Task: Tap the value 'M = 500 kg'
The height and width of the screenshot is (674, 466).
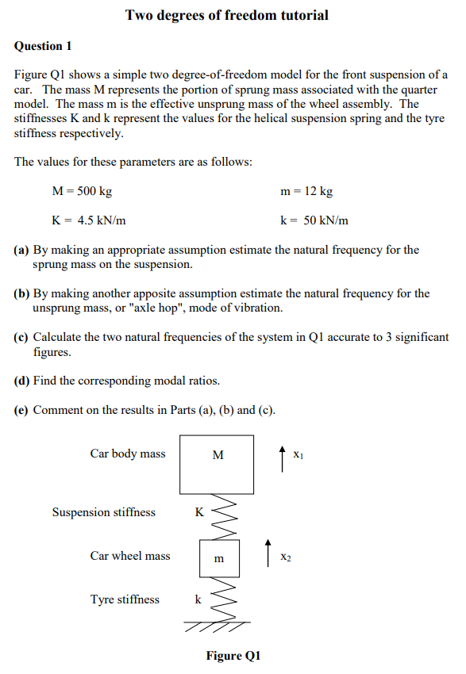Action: pos(82,191)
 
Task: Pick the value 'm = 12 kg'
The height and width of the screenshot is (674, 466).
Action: pos(306,191)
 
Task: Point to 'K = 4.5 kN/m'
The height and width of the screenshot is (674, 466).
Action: pos(88,220)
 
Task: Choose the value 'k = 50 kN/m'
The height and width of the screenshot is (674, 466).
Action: pos(314,220)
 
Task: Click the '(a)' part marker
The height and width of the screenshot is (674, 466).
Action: pos(22,250)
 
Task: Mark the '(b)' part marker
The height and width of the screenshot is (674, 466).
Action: pos(22,293)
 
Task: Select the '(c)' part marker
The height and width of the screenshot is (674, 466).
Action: pos(22,337)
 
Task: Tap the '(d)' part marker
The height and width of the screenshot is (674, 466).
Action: pos(22,381)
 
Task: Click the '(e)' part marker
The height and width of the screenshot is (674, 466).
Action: pos(22,410)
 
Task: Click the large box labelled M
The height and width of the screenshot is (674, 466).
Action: pos(218,464)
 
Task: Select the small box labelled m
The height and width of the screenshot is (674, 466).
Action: pos(219,557)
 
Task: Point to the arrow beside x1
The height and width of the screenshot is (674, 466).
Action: pos(283,458)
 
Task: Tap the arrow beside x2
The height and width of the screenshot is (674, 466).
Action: pos(268,549)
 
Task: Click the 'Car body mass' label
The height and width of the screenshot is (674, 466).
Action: pos(128,454)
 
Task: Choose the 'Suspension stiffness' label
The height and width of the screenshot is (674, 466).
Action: pos(104,512)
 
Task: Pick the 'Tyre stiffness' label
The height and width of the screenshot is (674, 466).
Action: pos(125,599)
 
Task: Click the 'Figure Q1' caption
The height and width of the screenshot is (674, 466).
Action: pos(233,656)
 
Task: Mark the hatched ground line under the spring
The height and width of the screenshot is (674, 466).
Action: pos(216,626)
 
